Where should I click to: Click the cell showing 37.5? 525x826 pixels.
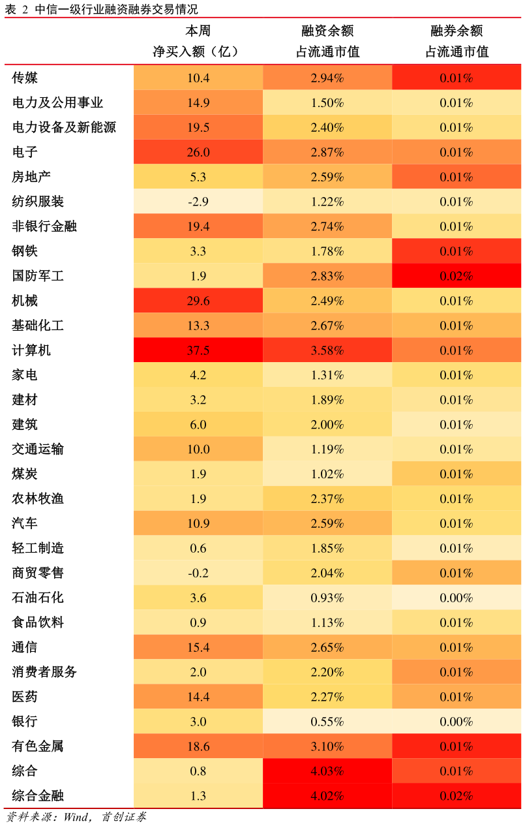[198, 350]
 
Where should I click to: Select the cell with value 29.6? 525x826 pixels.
[198, 301]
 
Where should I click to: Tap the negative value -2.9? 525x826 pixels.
[198, 202]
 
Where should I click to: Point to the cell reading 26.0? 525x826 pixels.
[198, 152]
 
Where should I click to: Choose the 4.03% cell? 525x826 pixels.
[327, 771]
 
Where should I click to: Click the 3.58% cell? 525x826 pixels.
[327, 350]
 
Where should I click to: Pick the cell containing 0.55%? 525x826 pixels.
[327, 722]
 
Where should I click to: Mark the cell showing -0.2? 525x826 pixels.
[198, 573]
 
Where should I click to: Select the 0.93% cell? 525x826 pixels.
[327, 598]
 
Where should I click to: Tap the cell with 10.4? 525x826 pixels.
[198, 78]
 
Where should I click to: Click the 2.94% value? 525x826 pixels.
[327, 78]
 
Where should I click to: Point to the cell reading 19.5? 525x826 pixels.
[198, 127]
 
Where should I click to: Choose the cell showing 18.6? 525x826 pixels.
[198, 746]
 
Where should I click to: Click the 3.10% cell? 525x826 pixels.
[327, 746]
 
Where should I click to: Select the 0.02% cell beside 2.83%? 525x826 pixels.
[456, 276]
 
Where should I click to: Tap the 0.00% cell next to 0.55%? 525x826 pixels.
[456, 722]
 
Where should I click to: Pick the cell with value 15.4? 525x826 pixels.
[198, 647]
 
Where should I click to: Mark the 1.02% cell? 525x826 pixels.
[327, 474]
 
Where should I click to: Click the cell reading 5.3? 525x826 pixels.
[198, 177]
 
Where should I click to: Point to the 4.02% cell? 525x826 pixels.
[327, 796]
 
